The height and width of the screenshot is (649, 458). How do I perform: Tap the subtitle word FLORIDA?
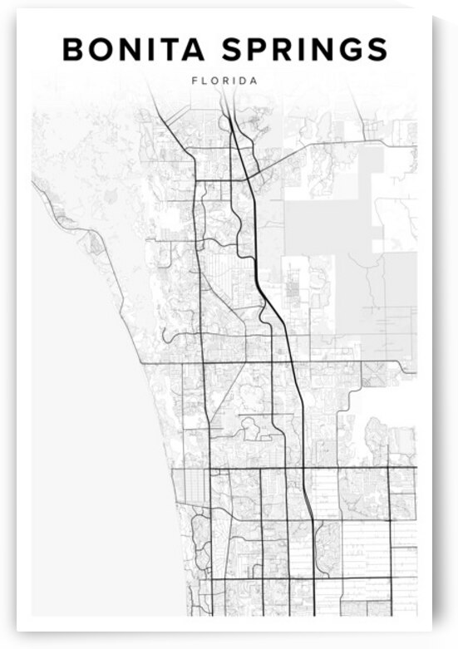coord(224,81)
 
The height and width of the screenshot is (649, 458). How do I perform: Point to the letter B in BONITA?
coord(74,50)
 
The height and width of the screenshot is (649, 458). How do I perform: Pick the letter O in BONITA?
coord(101,50)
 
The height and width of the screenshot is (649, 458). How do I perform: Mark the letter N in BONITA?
coord(130,50)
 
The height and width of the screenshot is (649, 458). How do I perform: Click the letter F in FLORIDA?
coord(195,81)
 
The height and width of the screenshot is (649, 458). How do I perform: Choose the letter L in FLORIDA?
coord(204,81)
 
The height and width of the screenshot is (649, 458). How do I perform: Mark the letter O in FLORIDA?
coord(214,81)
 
